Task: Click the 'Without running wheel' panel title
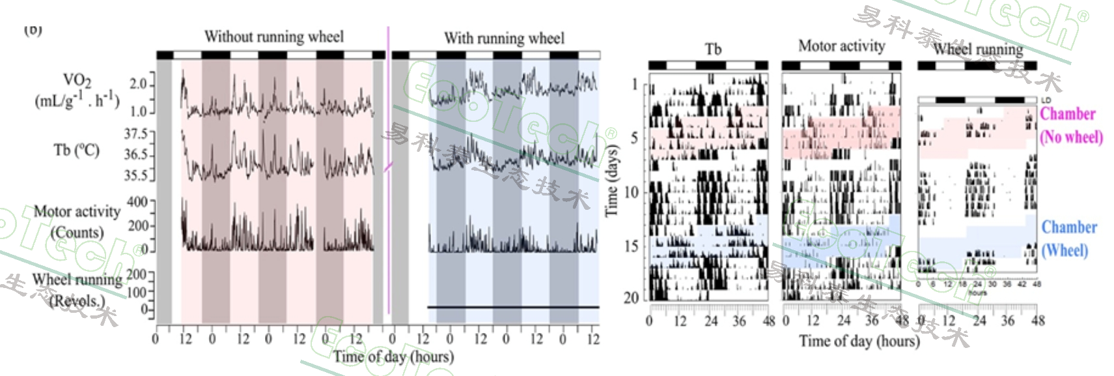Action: click(273, 36)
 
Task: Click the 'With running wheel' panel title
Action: click(504, 38)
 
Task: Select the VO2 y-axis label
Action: click(77, 91)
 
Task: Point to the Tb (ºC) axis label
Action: click(76, 151)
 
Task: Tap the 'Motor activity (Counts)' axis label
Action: click(77, 222)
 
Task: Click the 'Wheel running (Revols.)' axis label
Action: click(77, 290)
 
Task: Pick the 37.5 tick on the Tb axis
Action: click(136, 134)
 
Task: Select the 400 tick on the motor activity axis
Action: click(137, 202)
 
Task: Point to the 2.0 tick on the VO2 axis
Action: click(139, 84)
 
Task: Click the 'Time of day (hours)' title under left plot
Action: click(393, 356)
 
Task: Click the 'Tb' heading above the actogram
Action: click(713, 50)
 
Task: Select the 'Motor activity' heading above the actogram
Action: click(841, 46)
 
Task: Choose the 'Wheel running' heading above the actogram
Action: click(977, 49)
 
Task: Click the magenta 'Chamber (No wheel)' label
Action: click(1071, 125)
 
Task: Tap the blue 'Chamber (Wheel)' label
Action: click(1068, 239)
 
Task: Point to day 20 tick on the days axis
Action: click(631, 298)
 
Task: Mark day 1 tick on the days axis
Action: click(635, 85)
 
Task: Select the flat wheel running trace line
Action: click(513, 307)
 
